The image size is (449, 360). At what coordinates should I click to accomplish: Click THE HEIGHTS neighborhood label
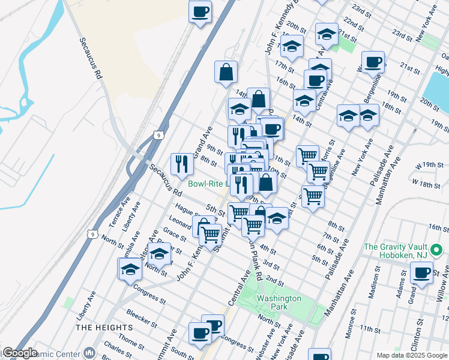(104, 327)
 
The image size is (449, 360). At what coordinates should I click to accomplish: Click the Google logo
(20, 353)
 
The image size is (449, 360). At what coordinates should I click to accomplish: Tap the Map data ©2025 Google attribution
(411, 355)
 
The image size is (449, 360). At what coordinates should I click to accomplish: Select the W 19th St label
(431, 164)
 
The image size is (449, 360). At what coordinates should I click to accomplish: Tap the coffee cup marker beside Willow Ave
(421, 274)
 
